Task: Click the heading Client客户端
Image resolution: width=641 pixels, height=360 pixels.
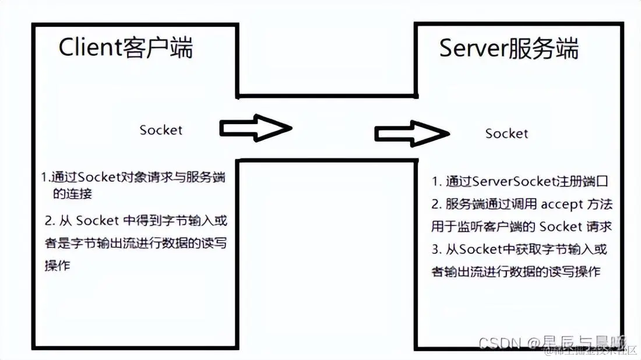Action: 125,48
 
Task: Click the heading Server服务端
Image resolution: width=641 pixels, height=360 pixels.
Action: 509,49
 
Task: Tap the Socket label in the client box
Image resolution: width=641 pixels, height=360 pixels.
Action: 161,130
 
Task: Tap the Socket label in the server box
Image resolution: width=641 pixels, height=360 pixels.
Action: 506,133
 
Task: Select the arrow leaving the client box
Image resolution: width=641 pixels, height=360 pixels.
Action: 255,128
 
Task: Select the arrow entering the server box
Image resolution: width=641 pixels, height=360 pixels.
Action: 411,133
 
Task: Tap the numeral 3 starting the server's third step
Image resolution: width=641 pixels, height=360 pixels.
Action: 435,249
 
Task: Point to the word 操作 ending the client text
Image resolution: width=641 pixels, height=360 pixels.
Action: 57,265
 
